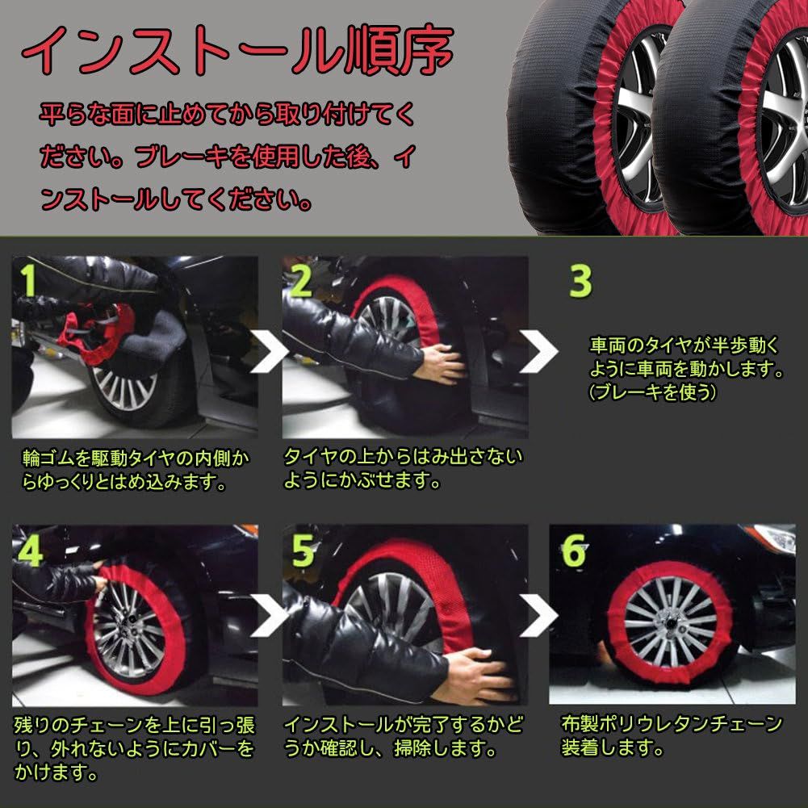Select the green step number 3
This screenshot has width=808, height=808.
coord(580,281)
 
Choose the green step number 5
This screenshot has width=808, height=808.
coord(302,551)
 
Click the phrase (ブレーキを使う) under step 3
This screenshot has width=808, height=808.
coord(652,392)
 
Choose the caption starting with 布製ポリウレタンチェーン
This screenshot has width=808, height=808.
coord(672,735)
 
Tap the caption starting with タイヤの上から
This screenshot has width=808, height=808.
coord(402,468)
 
